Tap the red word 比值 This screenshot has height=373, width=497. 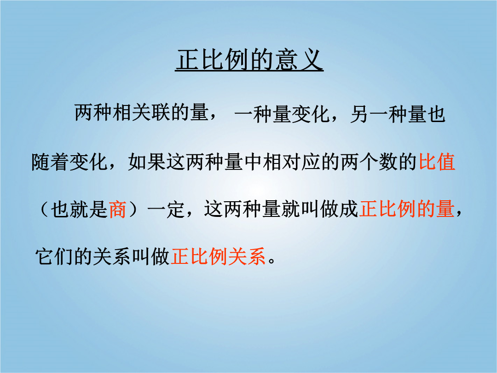[x=437, y=162]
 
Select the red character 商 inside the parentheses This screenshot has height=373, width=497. [x=118, y=210]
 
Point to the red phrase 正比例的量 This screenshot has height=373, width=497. [x=407, y=209]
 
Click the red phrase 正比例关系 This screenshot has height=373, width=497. [x=218, y=256]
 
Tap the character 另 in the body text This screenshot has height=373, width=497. [x=359, y=114]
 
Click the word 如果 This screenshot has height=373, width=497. [x=147, y=162]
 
